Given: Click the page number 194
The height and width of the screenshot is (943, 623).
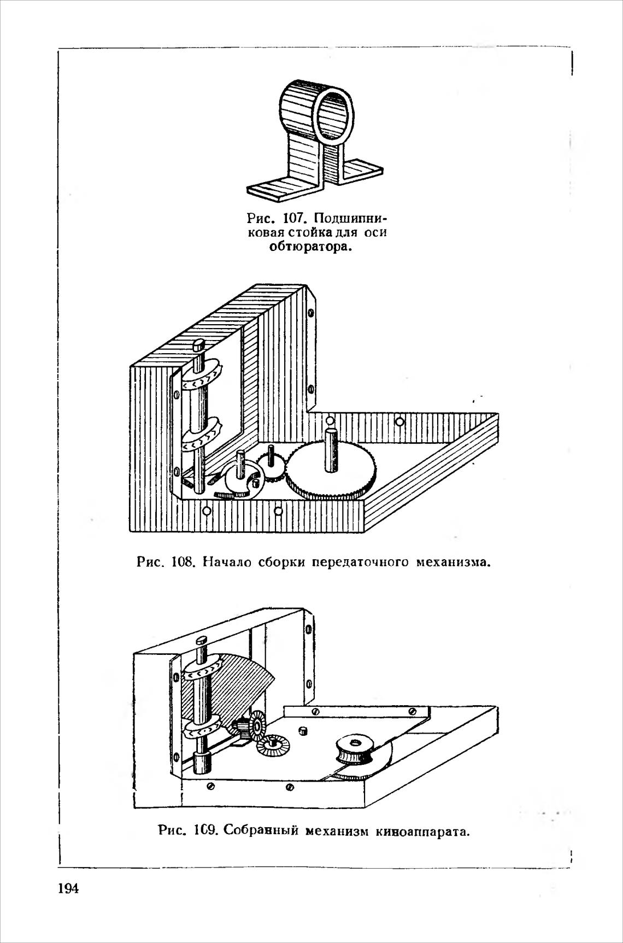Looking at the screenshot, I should click(69, 889).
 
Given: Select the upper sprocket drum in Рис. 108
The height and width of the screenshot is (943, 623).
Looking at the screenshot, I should click(202, 377).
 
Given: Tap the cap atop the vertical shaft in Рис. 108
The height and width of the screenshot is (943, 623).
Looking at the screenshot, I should click(198, 345).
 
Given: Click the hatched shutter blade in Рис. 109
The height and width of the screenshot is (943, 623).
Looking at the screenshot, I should click(235, 689).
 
